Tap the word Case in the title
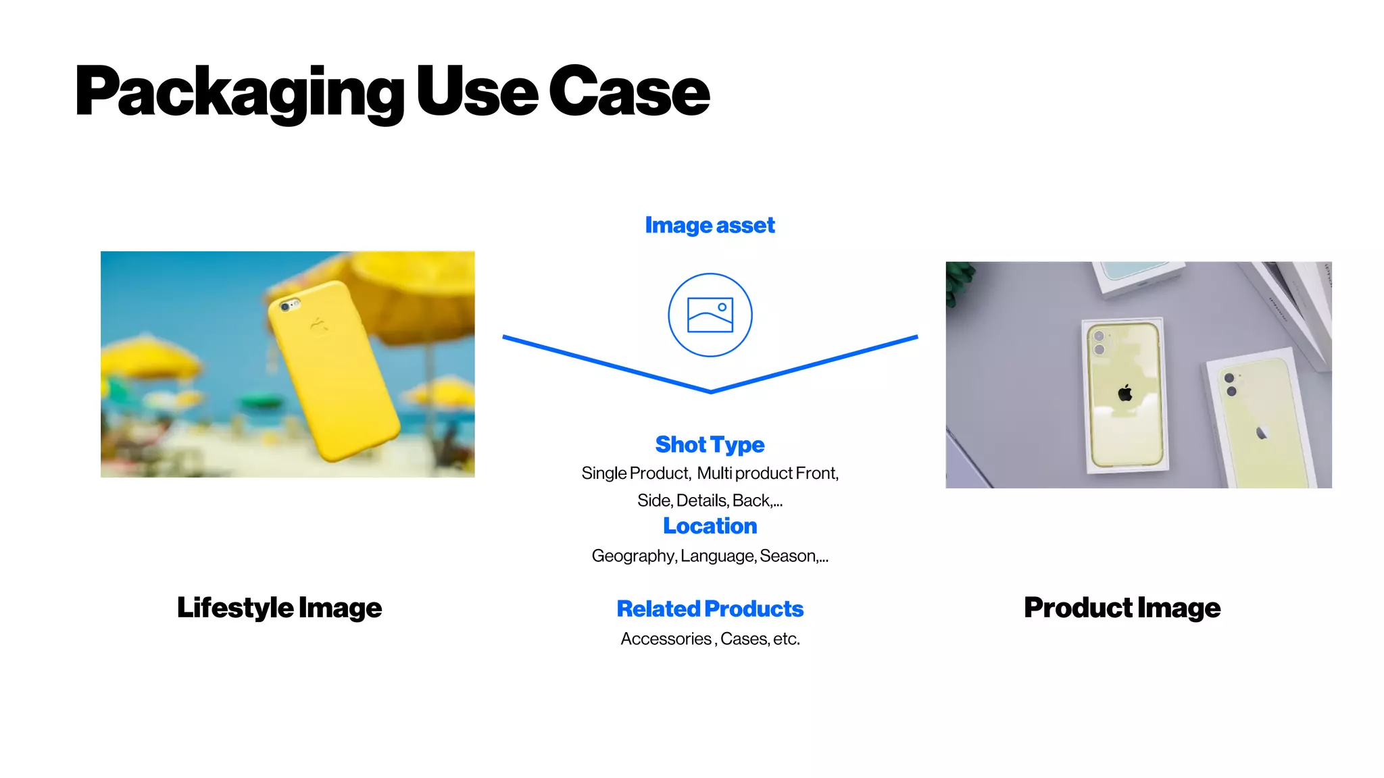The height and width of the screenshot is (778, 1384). click(628, 92)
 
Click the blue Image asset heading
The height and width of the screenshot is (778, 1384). click(710, 225)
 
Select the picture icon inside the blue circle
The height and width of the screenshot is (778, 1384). click(710, 315)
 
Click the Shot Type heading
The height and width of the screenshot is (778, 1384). click(710, 444)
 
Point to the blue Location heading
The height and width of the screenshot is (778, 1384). click(710, 526)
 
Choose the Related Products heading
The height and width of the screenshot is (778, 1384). click(710, 608)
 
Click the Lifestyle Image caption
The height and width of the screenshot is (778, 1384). click(279, 608)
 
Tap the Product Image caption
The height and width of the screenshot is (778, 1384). click(1122, 608)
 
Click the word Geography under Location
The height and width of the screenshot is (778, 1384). click(633, 556)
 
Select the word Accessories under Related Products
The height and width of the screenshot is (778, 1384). click(666, 639)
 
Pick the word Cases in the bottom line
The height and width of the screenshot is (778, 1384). click(743, 639)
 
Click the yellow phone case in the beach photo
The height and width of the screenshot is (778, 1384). click(335, 378)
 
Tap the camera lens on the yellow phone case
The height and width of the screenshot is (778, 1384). click(287, 307)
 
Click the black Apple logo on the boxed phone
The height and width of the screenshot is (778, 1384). click(1125, 392)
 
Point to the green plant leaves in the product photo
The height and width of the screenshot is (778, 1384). click(958, 280)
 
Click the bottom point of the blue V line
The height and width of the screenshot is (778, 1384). click(710, 391)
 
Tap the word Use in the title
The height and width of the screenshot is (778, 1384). click(476, 92)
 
